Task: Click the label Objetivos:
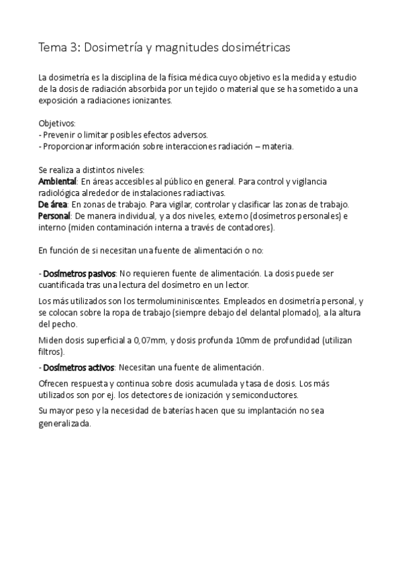[57, 123]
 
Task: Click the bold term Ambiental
[58, 182]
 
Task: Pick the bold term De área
[53, 204]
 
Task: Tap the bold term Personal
[54, 215]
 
